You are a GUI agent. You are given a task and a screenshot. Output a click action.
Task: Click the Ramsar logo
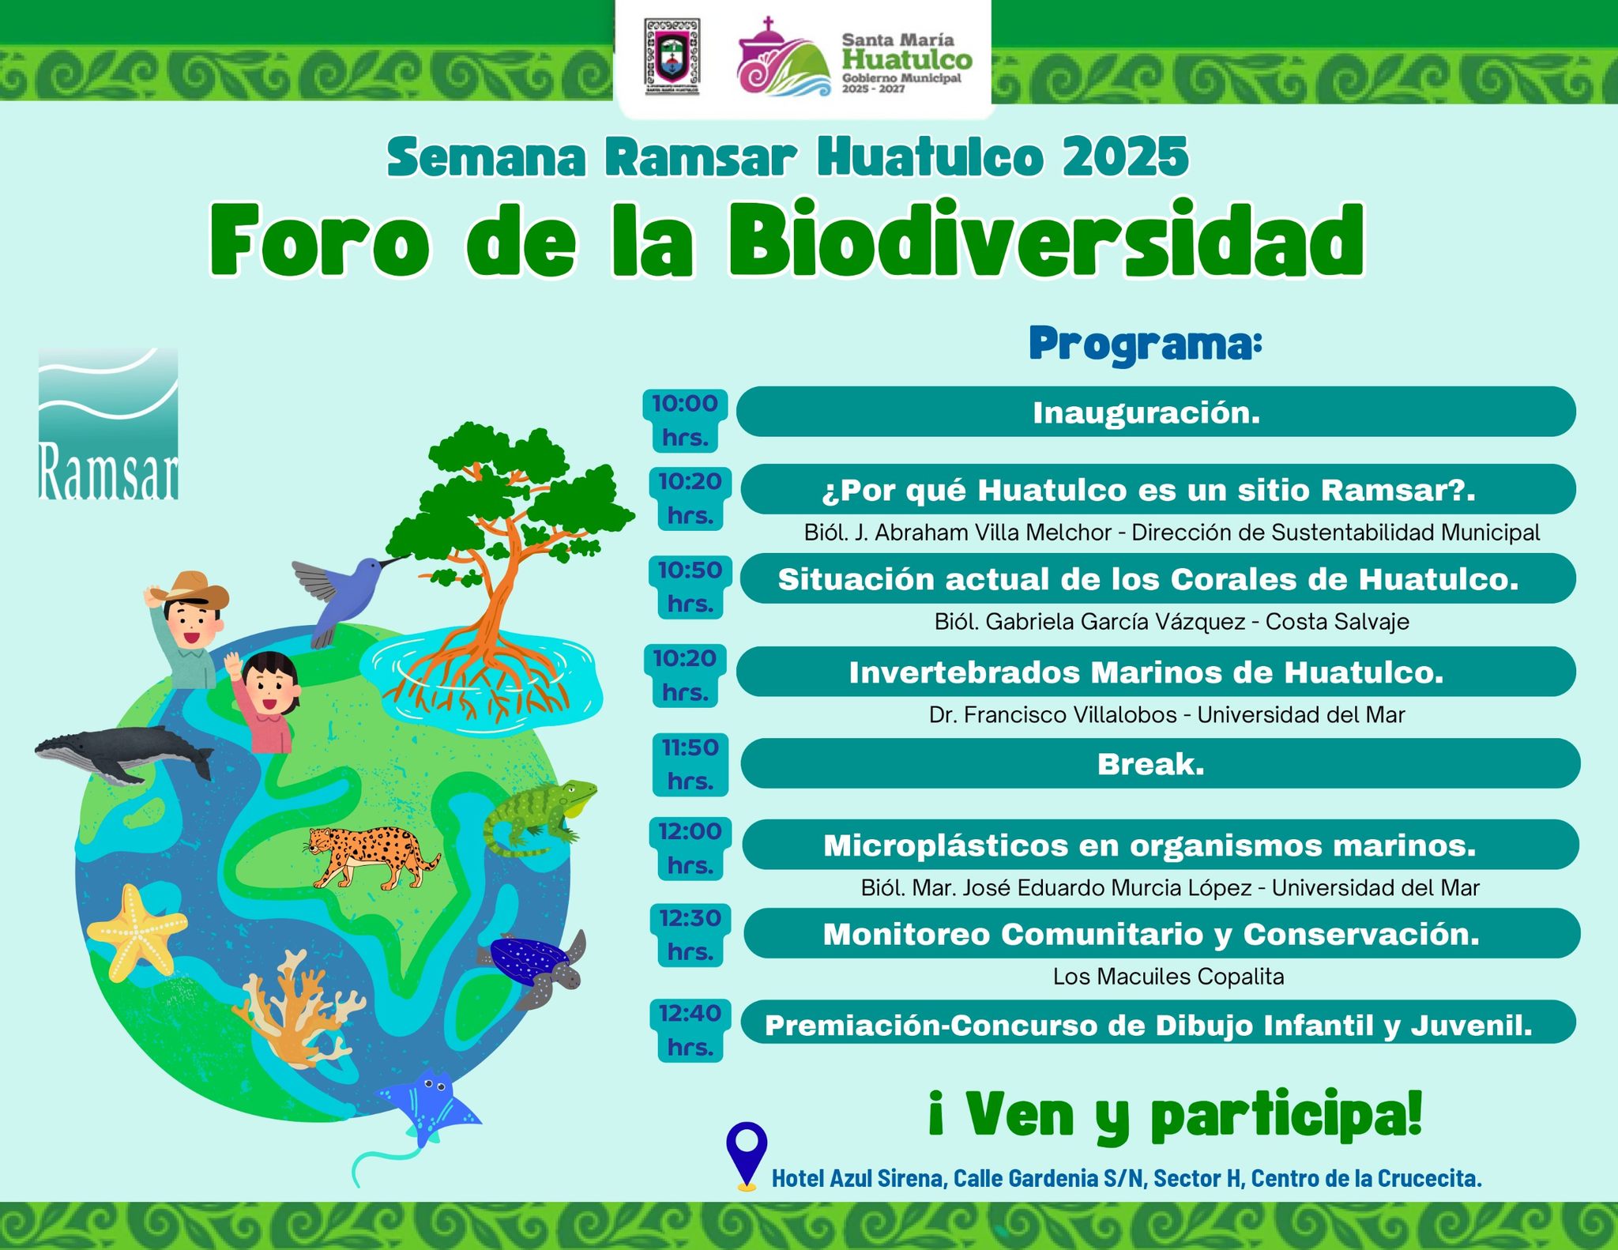click(x=108, y=424)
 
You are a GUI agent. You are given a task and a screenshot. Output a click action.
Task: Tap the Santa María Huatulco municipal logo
click(x=855, y=58)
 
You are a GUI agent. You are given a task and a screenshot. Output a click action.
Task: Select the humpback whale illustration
click(x=124, y=753)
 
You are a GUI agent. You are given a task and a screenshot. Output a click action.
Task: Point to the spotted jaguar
click(x=371, y=856)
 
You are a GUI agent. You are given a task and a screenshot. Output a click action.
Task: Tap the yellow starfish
click(x=137, y=931)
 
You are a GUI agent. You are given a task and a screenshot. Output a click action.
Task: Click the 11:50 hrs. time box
click(x=690, y=764)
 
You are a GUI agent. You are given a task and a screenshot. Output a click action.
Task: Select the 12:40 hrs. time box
click(x=689, y=1030)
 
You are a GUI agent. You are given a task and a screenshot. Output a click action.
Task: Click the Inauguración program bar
click(x=1156, y=412)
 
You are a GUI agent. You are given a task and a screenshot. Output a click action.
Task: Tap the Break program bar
click(x=1160, y=763)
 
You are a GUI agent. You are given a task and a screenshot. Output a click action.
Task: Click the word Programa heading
click(x=1146, y=345)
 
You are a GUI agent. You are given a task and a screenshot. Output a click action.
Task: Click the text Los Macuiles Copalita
click(x=1168, y=977)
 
